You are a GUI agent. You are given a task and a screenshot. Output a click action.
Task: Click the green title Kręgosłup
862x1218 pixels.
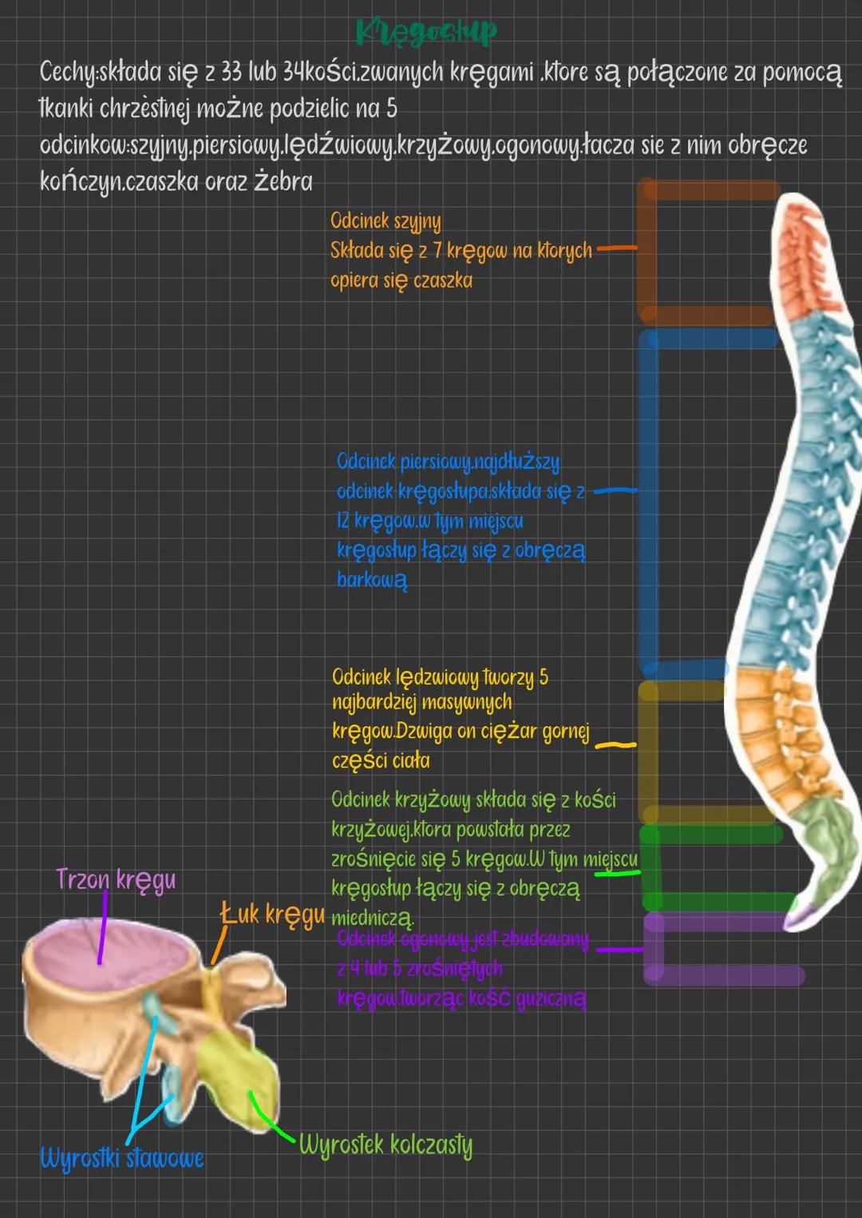point(426,33)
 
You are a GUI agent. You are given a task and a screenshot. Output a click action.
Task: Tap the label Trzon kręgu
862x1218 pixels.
point(116,880)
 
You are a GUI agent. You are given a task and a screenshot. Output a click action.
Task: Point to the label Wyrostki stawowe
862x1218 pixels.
point(122,1157)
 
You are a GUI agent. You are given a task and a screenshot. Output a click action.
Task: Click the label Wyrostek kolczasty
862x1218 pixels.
point(386,1145)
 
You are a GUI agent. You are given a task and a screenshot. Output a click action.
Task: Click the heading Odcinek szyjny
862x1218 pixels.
point(386,221)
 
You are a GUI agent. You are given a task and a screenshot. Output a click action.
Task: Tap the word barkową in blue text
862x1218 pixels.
point(372,580)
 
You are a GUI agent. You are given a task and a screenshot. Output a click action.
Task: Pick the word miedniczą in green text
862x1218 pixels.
point(372,918)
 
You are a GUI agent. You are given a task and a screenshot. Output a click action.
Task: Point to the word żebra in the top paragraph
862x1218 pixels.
point(283,182)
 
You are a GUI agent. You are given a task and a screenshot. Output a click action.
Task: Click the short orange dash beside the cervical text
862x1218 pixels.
point(617,248)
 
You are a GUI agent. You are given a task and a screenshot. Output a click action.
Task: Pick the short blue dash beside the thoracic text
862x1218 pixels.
point(615,491)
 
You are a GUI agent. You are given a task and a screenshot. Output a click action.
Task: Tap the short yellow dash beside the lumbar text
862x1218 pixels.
point(616,745)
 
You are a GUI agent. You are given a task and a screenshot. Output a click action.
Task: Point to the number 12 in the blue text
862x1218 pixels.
point(342,522)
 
